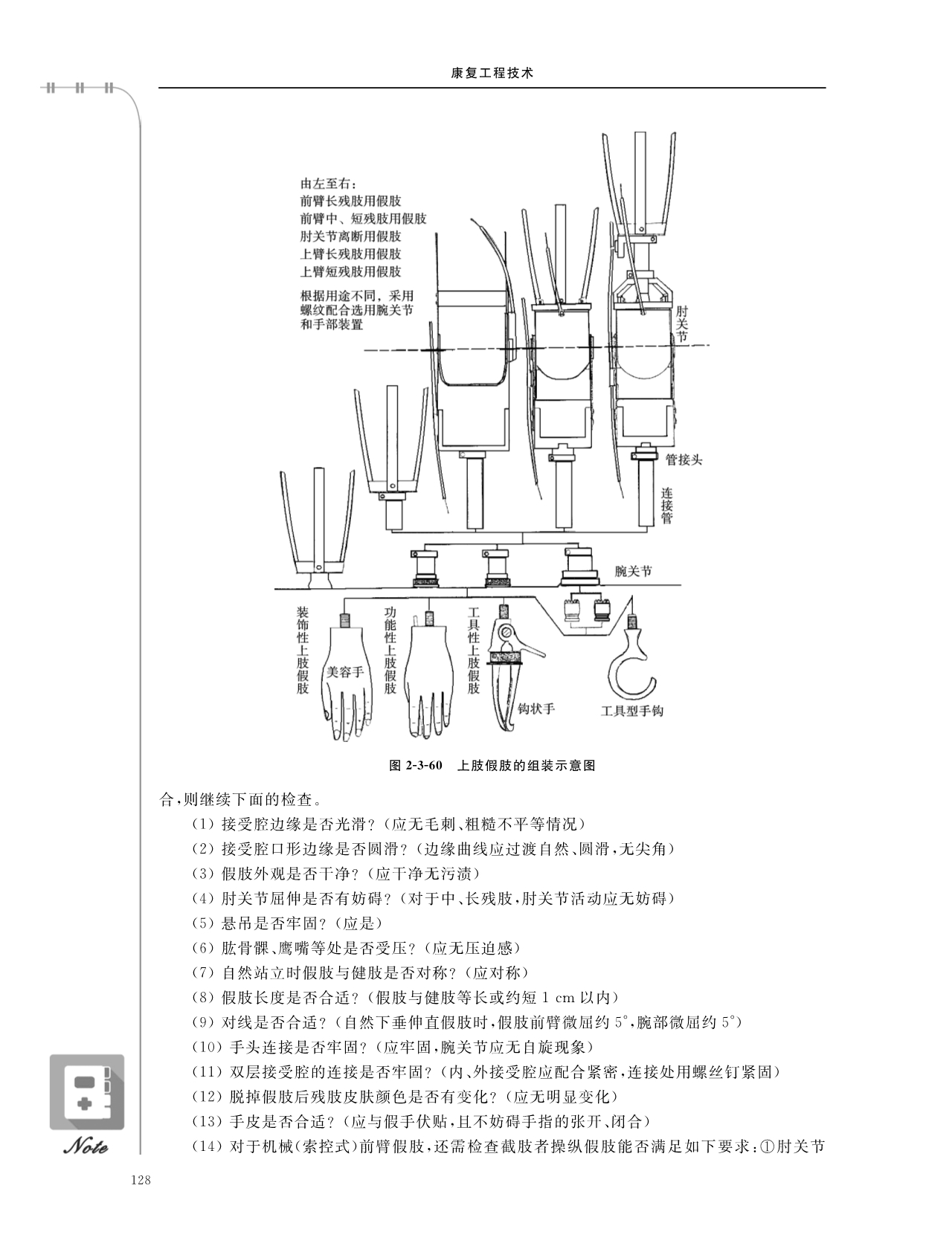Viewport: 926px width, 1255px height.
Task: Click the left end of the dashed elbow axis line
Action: (x=364, y=350)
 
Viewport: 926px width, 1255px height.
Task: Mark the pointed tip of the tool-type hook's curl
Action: (x=657, y=680)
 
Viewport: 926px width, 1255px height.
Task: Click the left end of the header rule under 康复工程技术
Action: (x=158, y=88)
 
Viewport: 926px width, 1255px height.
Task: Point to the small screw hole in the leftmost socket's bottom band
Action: (x=318, y=565)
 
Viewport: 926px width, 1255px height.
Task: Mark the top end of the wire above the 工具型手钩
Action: (x=632, y=597)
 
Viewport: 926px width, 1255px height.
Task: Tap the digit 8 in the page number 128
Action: (x=147, y=1181)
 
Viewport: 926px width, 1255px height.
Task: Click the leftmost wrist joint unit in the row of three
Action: (x=427, y=568)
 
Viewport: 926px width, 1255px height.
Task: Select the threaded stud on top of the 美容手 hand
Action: (x=344, y=620)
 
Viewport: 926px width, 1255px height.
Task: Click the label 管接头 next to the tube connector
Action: (x=684, y=460)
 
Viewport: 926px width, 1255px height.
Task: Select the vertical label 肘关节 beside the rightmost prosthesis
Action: (x=681, y=323)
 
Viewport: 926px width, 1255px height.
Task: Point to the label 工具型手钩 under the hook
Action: (x=632, y=711)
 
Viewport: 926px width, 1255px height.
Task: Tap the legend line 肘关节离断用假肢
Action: (x=351, y=236)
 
